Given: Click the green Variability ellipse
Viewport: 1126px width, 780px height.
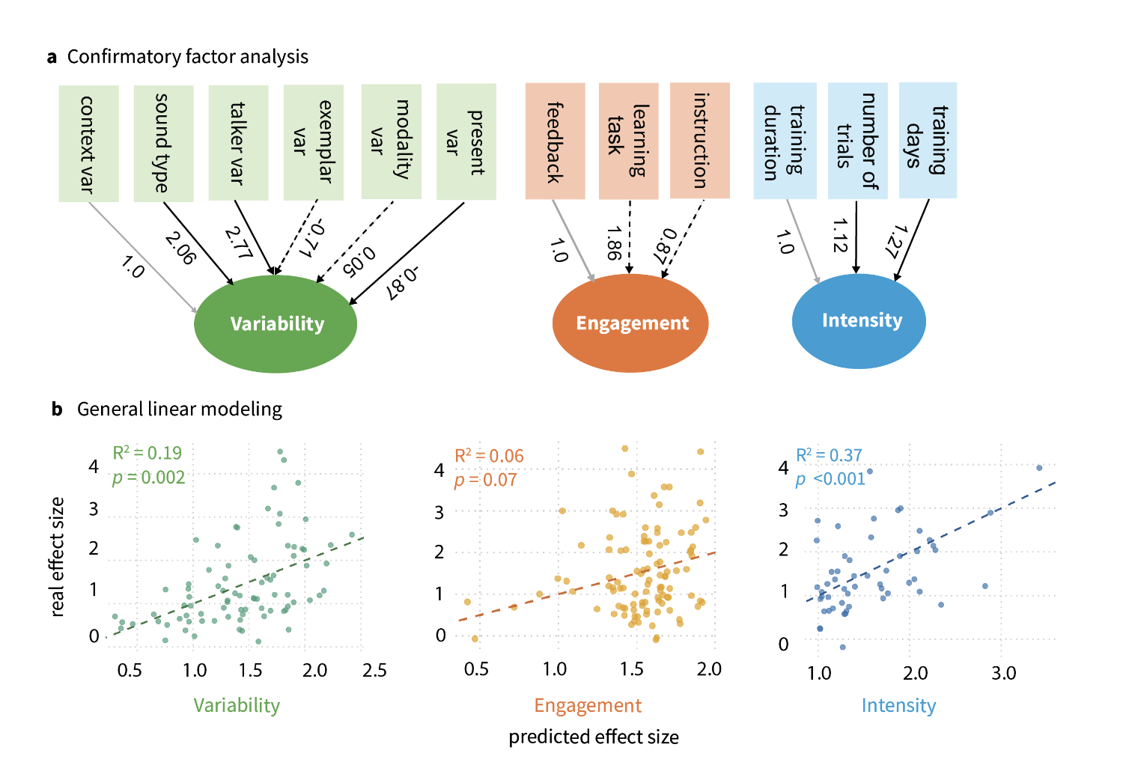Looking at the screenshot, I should (276, 323).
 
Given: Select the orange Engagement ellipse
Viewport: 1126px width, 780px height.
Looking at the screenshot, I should (630, 323).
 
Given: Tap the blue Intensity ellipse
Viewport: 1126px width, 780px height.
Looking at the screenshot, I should (859, 320).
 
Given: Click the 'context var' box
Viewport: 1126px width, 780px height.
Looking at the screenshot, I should (88, 143).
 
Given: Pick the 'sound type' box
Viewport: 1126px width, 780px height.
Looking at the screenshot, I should (163, 143).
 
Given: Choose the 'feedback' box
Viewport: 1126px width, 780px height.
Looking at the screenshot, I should (555, 141).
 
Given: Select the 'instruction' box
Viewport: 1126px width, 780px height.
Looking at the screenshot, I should (700, 140).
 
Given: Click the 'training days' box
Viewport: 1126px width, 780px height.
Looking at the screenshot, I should (928, 140).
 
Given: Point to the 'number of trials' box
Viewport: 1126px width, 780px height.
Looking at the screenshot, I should (857, 141).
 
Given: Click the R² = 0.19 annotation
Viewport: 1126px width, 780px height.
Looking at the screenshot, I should (147, 453).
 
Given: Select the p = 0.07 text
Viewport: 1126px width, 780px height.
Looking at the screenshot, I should (486, 480).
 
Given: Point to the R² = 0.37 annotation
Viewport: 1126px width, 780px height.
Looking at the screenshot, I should (829, 455).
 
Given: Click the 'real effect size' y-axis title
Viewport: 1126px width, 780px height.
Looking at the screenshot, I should (57, 556).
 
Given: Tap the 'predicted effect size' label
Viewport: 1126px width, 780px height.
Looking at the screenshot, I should (594, 737).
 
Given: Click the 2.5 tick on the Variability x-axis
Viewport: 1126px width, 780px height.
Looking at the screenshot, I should (374, 670).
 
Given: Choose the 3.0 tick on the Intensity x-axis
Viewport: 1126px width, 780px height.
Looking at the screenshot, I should (1004, 673).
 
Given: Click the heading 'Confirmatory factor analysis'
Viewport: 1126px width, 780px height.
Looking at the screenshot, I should (188, 57).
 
